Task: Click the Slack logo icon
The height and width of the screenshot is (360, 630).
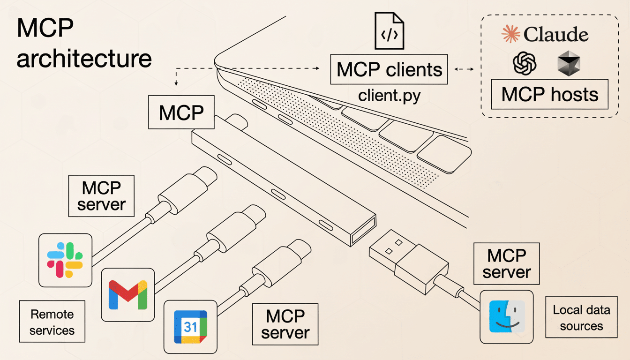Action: (65, 260)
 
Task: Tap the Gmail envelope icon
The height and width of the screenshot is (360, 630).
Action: (127, 295)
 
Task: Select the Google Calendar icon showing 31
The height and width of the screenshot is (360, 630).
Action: (190, 327)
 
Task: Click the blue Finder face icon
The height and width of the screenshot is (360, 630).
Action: (507, 316)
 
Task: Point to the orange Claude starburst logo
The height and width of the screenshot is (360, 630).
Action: (511, 35)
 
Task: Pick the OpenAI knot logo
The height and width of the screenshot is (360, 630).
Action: (525, 63)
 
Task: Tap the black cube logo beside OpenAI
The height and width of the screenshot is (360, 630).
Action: (569, 64)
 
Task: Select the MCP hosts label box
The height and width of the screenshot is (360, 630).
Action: (549, 95)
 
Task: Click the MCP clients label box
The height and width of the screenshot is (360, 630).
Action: (389, 70)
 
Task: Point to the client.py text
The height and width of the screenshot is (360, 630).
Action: (389, 96)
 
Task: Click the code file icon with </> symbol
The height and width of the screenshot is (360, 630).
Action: (389, 31)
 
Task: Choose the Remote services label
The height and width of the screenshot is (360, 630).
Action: (52, 322)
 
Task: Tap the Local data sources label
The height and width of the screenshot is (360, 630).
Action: (581, 318)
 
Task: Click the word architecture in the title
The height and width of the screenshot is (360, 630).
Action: (84, 59)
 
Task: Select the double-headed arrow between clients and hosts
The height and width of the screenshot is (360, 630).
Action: (464, 69)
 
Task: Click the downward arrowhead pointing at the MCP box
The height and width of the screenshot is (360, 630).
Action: (176, 84)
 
